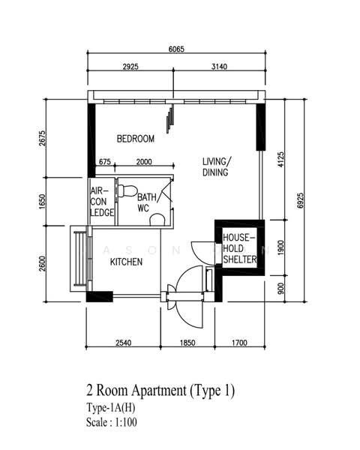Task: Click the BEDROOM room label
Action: pyautogui.click(x=136, y=139)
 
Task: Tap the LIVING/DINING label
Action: pyautogui.click(x=216, y=166)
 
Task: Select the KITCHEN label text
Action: pyautogui.click(x=126, y=262)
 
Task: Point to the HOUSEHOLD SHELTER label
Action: pyautogui.click(x=240, y=248)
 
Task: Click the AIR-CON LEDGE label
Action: pyautogui.click(x=102, y=202)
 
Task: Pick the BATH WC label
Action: pyautogui.click(x=147, y=202)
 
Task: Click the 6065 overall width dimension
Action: pyautogui.click(x=176, y=49)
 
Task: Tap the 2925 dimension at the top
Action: pyautogui.click(x=130, y=67)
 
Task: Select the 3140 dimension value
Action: pyautogui.click(x=219, y=67)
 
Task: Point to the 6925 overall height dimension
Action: pyautogui.click(x=300, y=200)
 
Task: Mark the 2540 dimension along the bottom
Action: pyautogui.click(x=124, y=343)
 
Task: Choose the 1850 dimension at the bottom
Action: pyautogui.click(x=187, y=343)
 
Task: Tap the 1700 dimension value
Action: pyautogui.click(x=239, y=343)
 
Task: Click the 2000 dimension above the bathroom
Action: pyautogui.click(x=144, y=162)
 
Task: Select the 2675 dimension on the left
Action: pyautogui.click(x=42, y=138)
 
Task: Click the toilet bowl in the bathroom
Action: pyautogui.click(x=126, y=191)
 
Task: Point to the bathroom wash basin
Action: pyautogui.click(x=157, y=220)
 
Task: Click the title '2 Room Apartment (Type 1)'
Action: pyautogui.click(x=160, y=391)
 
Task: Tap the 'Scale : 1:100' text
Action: pyautogui.click(x=112, y=422)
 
